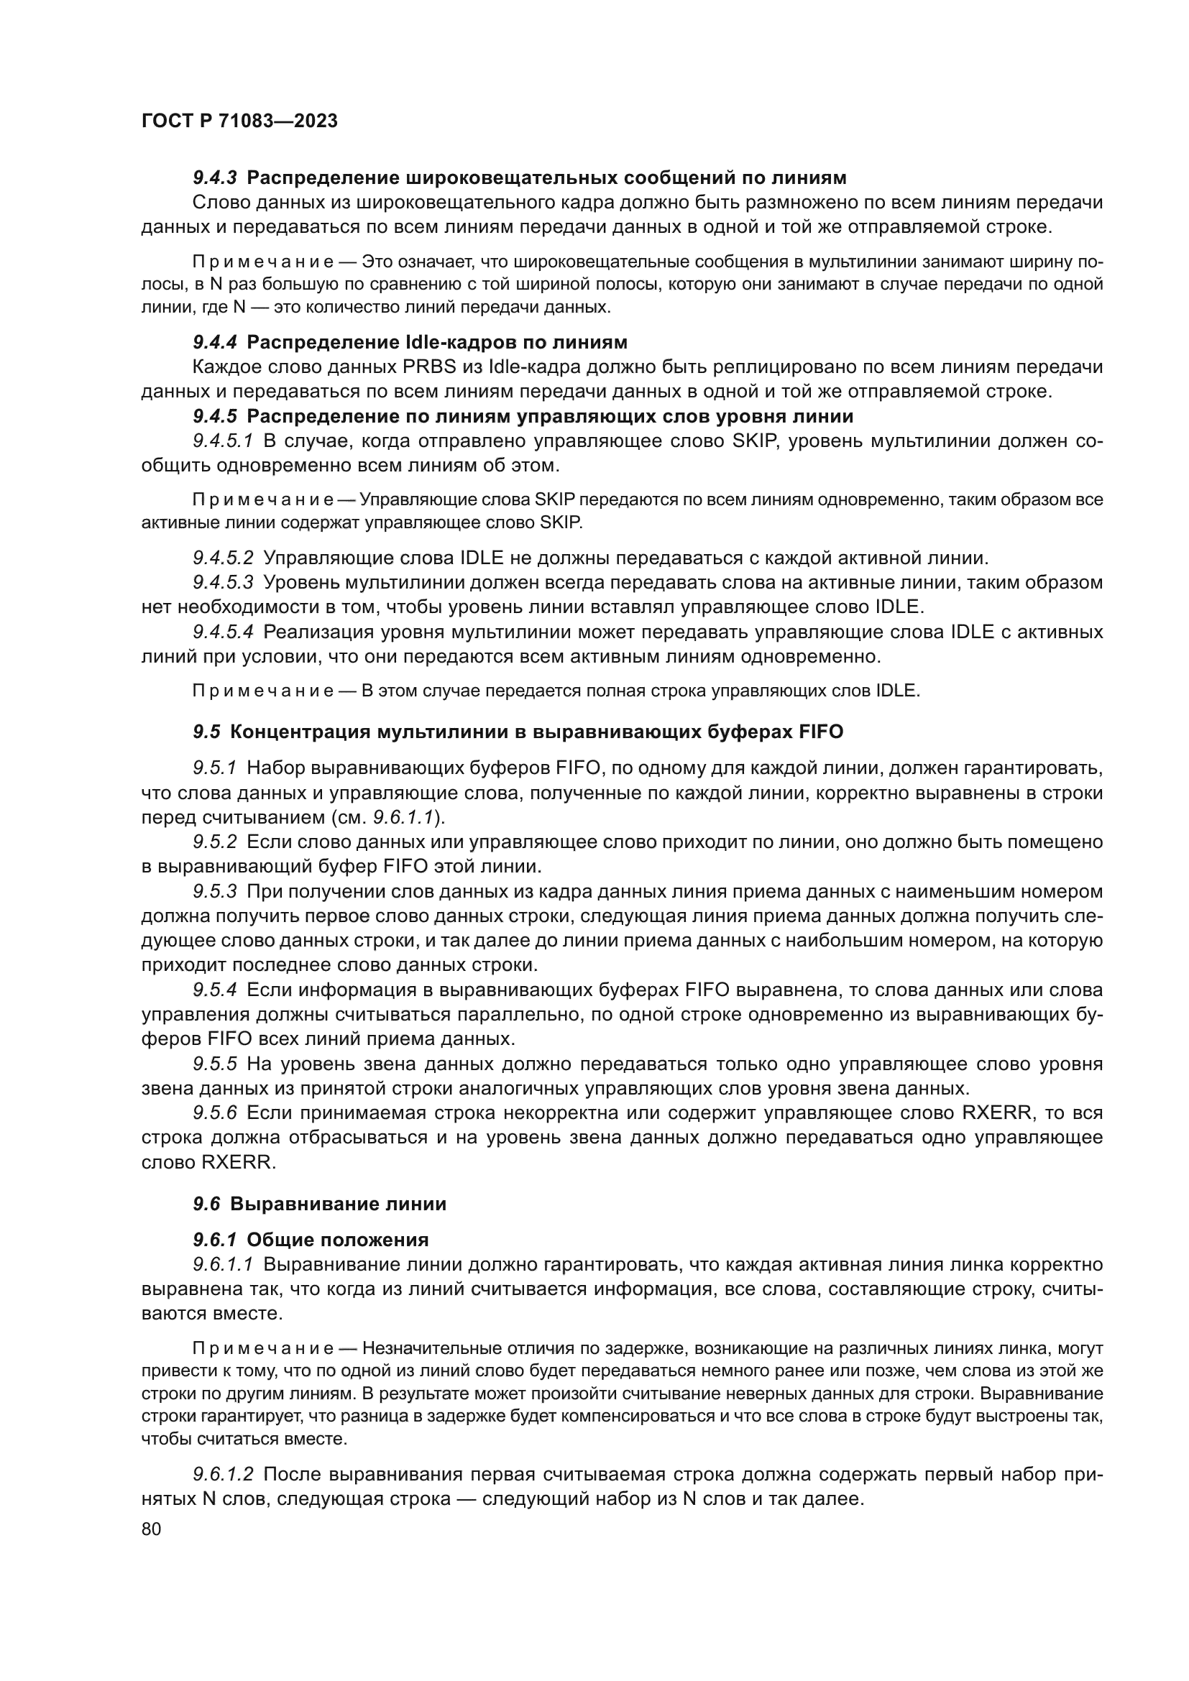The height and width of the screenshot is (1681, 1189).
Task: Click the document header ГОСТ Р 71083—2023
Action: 239,121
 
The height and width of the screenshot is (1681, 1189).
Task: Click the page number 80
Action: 151,1528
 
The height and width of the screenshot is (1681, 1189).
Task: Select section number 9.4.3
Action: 214,178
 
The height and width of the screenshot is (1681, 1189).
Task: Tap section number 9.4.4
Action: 214,342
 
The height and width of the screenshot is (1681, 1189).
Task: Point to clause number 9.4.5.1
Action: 223,441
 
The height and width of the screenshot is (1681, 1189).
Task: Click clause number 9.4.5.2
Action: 223,558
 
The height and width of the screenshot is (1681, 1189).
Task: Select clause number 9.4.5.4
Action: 223,631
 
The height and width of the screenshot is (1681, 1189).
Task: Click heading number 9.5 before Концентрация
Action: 206,732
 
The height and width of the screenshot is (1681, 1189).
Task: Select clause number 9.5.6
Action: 214,1113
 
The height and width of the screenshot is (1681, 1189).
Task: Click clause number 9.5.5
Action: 214,1063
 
